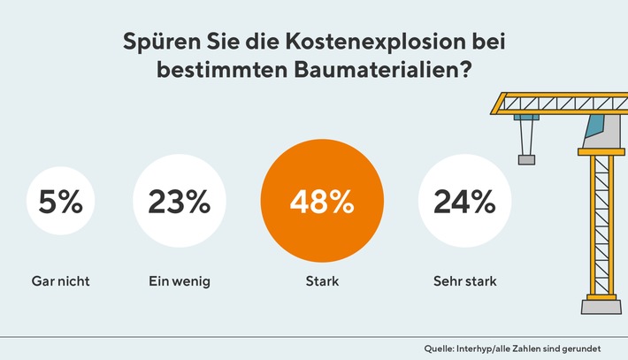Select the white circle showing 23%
[173, 203]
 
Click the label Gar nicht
[60, 282]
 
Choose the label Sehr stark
[464, 282]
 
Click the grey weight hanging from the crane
[527, 159]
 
